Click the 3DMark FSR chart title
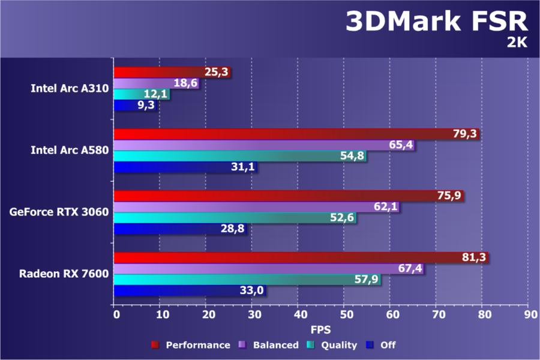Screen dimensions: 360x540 (436, 22)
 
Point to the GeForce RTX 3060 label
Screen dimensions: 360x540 (59, 212)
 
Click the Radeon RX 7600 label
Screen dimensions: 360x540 (64, 274)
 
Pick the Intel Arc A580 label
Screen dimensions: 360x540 (70, 150)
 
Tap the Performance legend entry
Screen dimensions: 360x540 (191, 345)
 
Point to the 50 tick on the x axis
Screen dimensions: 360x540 (344, 314)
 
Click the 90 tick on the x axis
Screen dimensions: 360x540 (528, 314)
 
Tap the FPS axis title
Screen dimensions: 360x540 (320, 329)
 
